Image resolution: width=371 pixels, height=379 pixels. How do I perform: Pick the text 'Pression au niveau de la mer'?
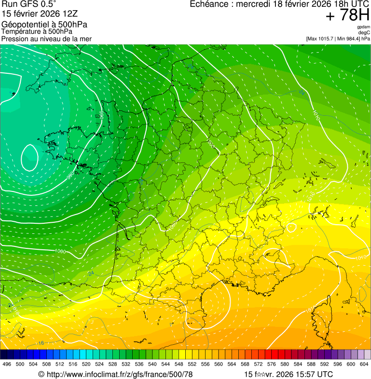pos(46,39)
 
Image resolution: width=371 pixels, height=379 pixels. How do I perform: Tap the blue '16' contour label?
pos(41,343)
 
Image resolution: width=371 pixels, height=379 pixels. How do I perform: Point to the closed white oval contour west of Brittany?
pos(30,158)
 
